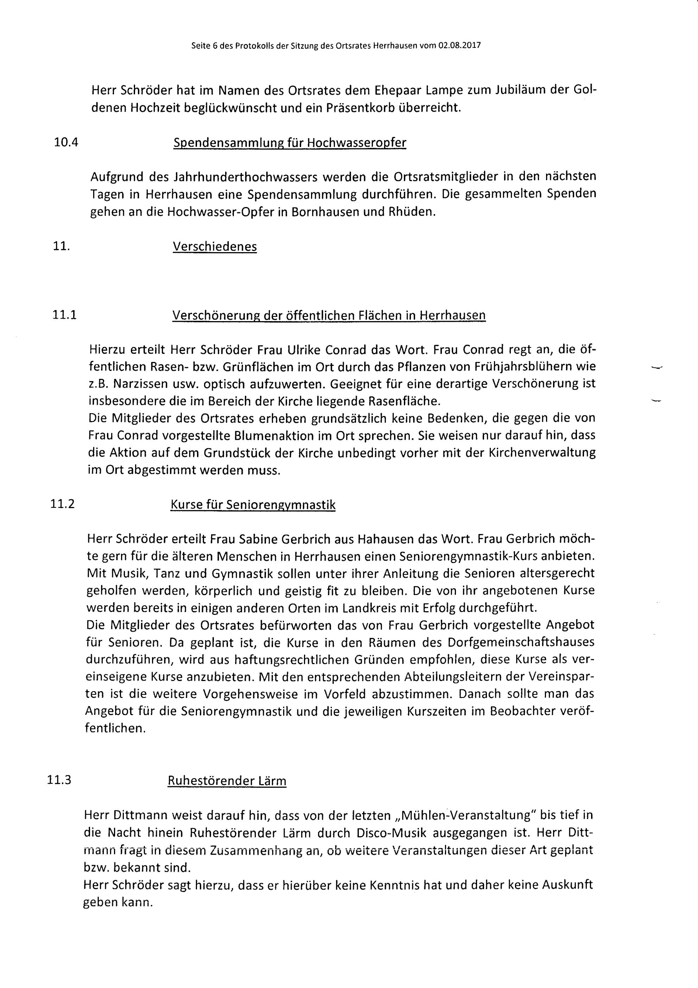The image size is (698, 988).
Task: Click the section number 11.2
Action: coord(62,504)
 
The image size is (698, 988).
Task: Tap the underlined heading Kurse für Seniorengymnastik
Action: coord(253,504)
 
